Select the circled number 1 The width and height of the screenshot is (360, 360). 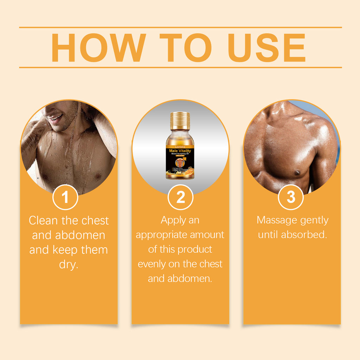(65, 197)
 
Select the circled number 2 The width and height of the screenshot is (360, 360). (180, 197)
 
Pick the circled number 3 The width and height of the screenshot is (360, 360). (291, 197)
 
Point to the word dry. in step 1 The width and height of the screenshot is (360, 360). (69, 264)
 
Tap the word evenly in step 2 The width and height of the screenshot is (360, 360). (152, 264)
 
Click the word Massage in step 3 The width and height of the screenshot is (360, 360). (277, 220)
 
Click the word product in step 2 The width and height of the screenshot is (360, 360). (195, 250)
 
